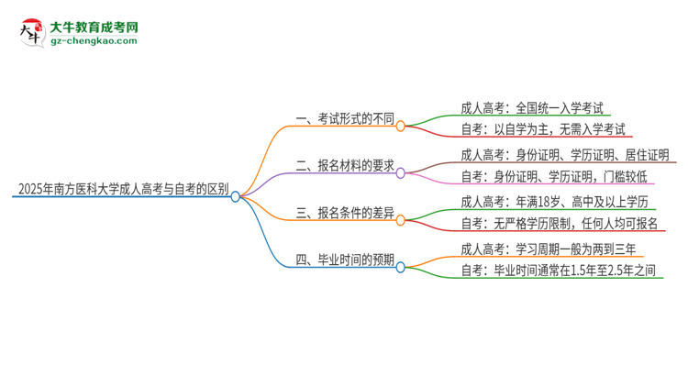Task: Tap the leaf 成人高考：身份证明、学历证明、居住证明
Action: pyautogui.click(x=564, y=154)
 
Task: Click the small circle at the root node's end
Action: pyautogui.click(x=236, y=196)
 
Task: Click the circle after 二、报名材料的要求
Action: pyautogui.click(x=401, y=171)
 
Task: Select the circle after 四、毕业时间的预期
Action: pyautogui.click(x=401, y=267)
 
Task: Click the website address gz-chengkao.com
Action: pyautogui.click(x=94, y=41)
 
